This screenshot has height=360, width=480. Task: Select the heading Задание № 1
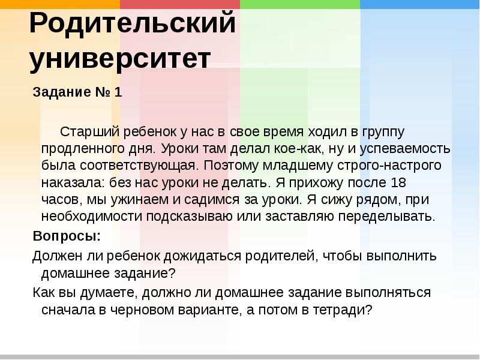77,93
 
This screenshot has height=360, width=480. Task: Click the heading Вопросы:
67,235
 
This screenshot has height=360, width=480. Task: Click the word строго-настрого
385,165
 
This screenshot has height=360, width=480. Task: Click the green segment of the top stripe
300,4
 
